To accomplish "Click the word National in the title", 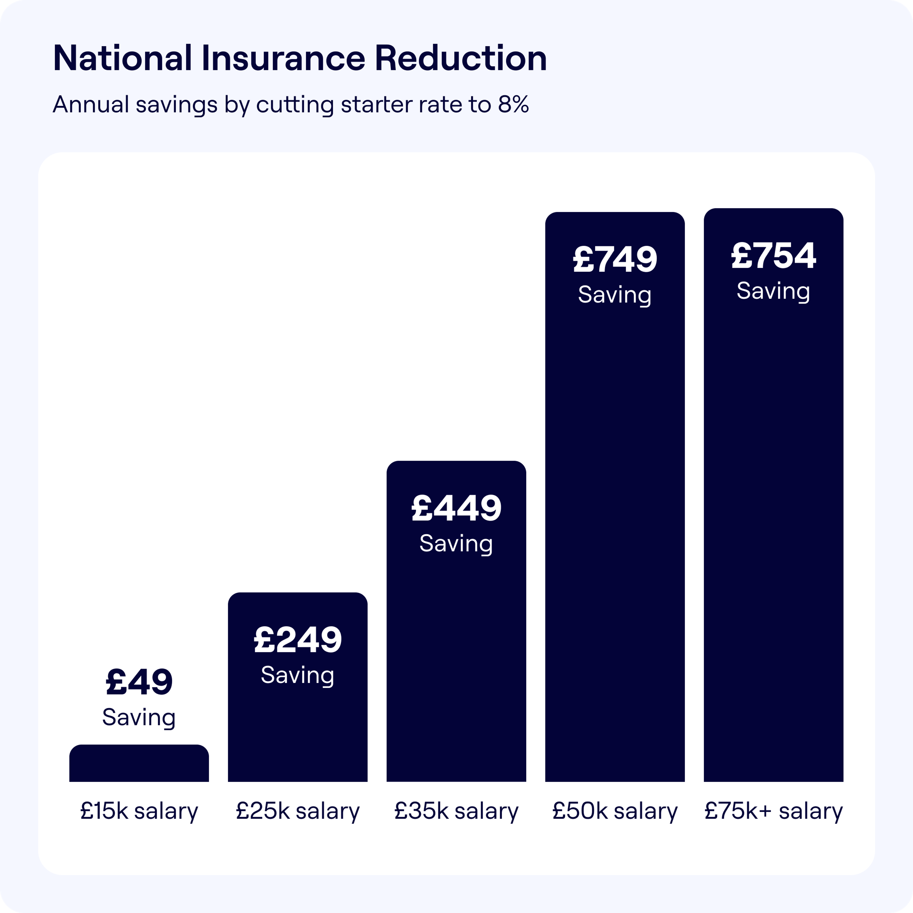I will click(122, 58).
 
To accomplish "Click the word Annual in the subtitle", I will click(91, 104).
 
